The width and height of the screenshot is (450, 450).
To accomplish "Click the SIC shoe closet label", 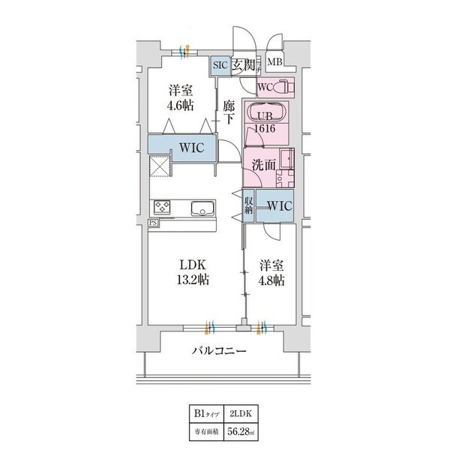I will pyautogui.click(x=220, y=64).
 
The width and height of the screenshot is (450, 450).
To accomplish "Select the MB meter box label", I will pyautogui.click(x=274, y=63).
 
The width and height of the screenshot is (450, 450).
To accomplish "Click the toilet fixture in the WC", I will pyautogui.click(x=288, y=88).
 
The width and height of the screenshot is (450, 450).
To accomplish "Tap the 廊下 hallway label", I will pyautogui.click(x=229, y=113).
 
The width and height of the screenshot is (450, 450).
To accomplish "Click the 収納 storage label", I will pyautogui.click(x=247, y=204).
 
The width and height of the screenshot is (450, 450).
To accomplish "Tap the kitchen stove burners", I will pyautogui.click(x=163, y=208).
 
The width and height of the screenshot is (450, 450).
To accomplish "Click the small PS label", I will pyautogui.click(x=153, y=223).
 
